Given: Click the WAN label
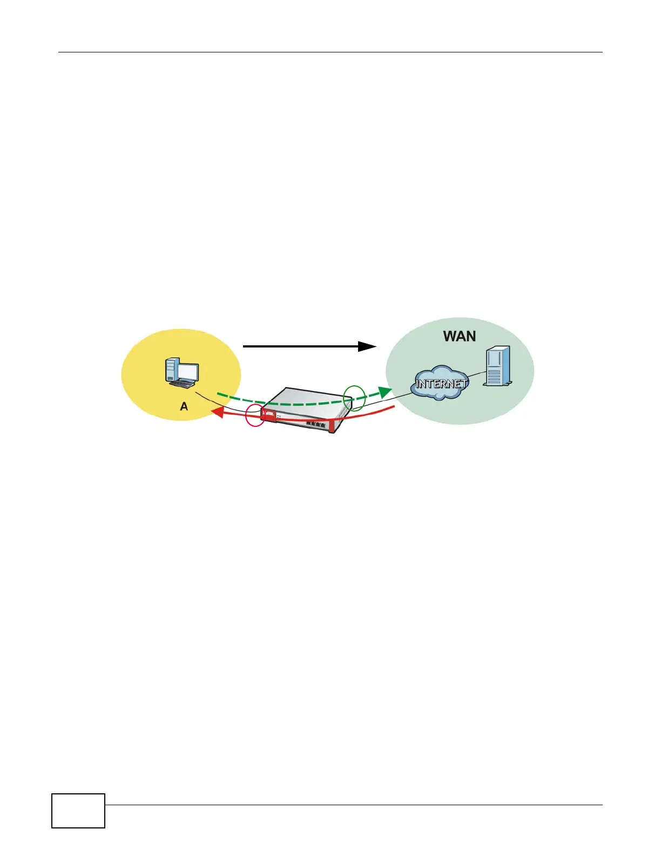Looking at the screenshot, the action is tap(459, 336).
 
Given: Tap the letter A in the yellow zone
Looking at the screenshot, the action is tap(184, 406).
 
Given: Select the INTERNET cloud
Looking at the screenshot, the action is tap(440, 383).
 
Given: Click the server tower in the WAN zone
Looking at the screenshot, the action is tap(497, 366).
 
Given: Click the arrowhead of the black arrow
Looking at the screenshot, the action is tap(368, 346).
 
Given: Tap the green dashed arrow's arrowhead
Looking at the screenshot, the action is tap(386, 392).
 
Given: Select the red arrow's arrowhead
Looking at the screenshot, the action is tap(217, 412).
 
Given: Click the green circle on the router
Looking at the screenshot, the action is tap(355, 398).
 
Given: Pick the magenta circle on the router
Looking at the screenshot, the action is tap(255, 415).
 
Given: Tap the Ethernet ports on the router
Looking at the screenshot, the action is tap(316, 424).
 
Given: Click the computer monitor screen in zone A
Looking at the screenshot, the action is tap(188, 372).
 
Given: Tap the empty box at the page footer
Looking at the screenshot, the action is tap(78, 810).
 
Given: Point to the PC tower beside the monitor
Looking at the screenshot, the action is tap(171, 370).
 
